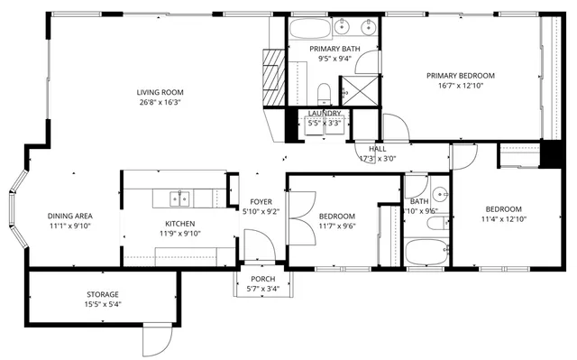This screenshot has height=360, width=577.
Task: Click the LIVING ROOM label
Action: tap(160, 91)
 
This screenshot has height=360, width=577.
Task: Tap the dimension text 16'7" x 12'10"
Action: tap(461, 88)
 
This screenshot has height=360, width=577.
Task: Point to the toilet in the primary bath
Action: tap(324, 90)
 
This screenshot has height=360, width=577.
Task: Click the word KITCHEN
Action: tap(179, 224)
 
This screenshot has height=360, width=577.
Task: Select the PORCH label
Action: tap(262, 279)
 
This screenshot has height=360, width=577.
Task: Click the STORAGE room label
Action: tap(102, 294)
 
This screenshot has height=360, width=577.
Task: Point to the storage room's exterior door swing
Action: tap(154, 340)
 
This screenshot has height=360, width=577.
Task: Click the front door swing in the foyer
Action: tap(258, 243)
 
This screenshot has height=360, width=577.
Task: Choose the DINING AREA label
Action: tap(70, 216)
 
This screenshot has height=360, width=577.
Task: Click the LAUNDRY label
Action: tap(324, 113)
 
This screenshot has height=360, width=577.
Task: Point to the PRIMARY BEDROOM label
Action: tap(461, 76)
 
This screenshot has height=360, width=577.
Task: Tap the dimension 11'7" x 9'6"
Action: tap(336, 226)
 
